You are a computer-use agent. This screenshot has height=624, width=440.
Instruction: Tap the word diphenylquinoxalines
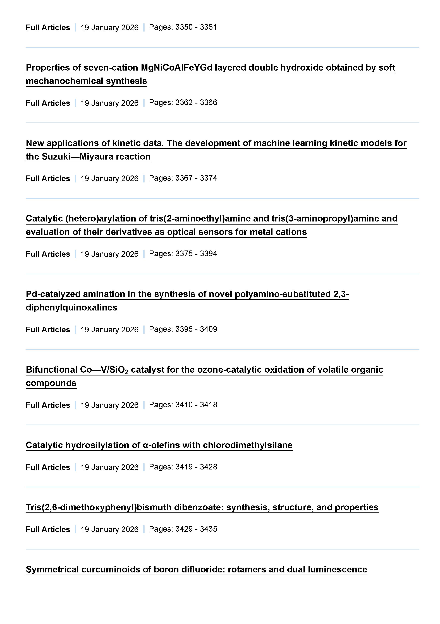pyautogui.click(x=71, y=307)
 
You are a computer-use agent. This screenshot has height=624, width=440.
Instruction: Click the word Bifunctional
pyautogui.click(x=51, y=370)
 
